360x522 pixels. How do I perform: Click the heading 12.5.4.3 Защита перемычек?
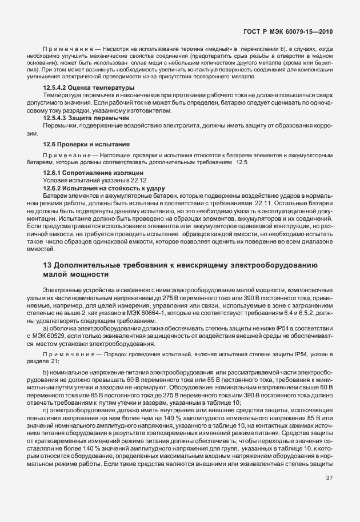click(78, 117)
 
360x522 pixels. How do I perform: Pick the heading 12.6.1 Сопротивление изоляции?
click(85, 172)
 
